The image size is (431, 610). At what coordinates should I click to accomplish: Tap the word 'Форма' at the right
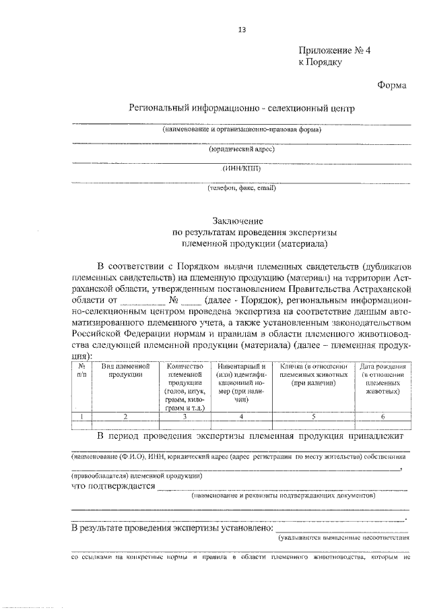(x=392, y=85)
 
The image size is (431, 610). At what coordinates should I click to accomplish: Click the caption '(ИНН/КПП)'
(x=242, y=169)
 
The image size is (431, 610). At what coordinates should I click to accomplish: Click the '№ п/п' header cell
(x=81, y=369)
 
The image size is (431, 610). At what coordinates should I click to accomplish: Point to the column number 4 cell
(x=241, y=417)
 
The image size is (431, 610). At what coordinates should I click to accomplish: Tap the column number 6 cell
(x=382, y=417)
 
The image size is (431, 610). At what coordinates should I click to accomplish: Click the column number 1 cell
(x=81, y=417)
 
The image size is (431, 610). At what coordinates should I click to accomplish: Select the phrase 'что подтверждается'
(x=113, y=486)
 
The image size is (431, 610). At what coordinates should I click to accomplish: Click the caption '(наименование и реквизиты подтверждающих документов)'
(x=282, y=495)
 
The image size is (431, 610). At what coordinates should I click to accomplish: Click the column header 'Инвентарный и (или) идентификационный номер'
(x=241, y=382)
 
